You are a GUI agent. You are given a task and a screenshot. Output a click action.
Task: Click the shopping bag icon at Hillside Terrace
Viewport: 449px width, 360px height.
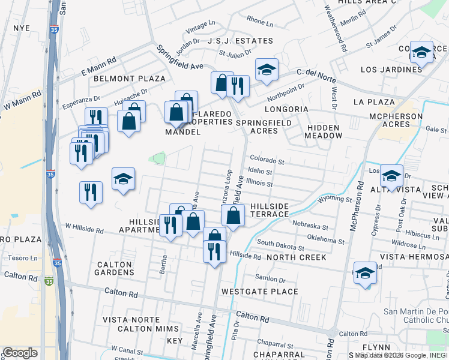[x=234, y=215]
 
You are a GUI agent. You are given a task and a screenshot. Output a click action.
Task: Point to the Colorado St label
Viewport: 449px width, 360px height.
[x=267, y=161]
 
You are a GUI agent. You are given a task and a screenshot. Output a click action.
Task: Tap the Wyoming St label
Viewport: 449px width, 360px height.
[x=335, y=199]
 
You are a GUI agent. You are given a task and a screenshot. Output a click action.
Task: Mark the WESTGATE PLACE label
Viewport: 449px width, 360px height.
[x=259, y=292]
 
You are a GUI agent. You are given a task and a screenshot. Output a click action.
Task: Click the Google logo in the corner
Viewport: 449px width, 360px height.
[x=20, y=353]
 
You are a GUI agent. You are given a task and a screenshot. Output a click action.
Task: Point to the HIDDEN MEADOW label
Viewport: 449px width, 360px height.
[x=324, y=131]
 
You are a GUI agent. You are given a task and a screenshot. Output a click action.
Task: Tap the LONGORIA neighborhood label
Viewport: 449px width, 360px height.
[x=288, y=109]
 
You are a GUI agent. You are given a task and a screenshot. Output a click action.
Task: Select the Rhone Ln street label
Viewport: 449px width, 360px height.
[x=260, y=21]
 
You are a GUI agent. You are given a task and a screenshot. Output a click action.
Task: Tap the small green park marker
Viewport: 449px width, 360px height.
[x=159, y=158]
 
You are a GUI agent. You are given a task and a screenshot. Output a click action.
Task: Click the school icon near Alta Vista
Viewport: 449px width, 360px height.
[x=391, y=176]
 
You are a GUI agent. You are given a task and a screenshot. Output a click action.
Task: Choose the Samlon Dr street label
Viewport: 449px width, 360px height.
[x=270, y=279]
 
